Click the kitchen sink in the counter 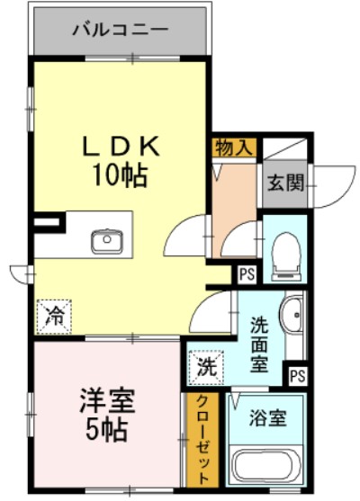click(106, 240)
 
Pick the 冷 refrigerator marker click(55, 315)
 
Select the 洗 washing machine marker click(206, 366)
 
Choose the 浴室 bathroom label click(267, 418)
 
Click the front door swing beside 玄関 click(336, 184)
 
